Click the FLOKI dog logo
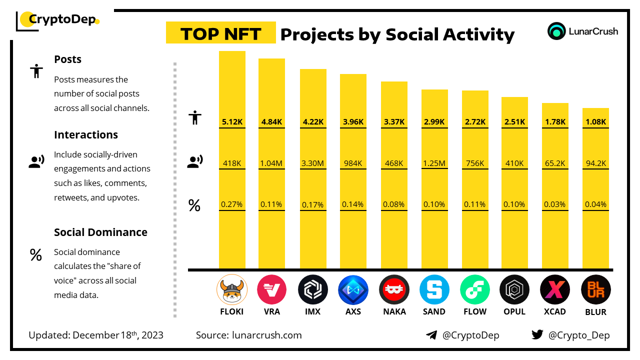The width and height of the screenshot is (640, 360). coord(232,289)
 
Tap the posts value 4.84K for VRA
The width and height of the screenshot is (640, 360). coord(272,121)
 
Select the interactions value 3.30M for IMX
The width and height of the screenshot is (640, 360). coord(313,163)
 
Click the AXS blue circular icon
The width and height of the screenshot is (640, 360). coord(353,289)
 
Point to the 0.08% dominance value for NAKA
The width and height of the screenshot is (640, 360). coord(394,204)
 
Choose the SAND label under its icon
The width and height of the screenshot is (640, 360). coord(434,311)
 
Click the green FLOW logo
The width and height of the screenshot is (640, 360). coord(474,289)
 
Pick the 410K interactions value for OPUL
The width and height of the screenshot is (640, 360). coord(514,163)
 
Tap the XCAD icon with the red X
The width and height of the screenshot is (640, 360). coord(555,289)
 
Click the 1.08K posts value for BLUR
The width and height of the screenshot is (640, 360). coord(595,121)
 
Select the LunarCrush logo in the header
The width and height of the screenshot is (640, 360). coord(583,31)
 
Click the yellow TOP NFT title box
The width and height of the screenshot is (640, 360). coord(221,33)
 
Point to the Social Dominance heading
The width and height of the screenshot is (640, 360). coord(100,232)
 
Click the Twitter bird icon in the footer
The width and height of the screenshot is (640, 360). coord(537,335)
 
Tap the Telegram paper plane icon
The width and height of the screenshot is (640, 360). coord(431,335)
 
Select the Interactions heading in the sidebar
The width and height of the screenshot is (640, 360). coord(86,135)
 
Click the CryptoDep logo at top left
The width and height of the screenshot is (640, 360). coord(58,20)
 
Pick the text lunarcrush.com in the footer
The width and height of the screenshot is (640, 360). coord(267,335)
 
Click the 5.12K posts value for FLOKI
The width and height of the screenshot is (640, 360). coord(232,121)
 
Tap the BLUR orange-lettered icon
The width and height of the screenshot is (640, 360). coord(595,289)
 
